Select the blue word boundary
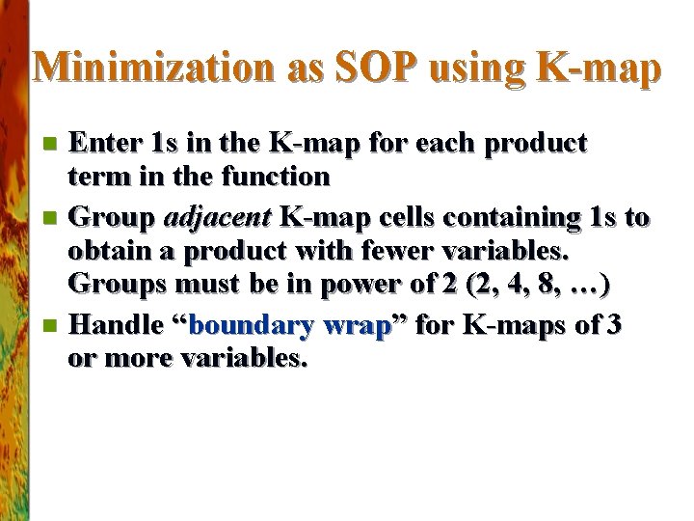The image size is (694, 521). click(254, 325)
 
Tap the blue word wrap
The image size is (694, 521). click(357, 325)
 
